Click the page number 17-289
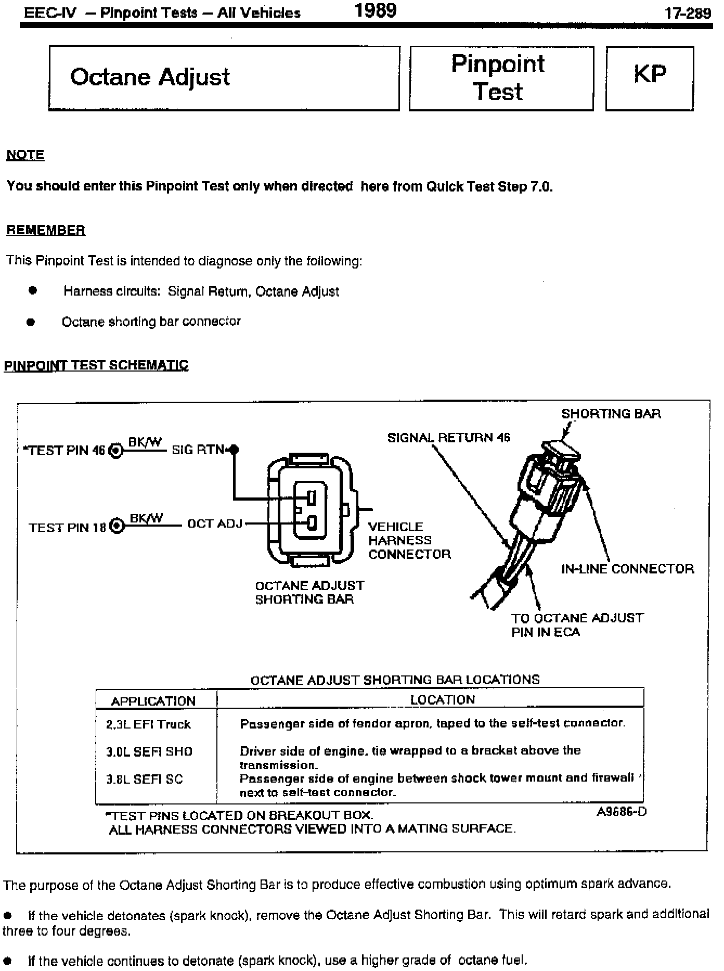coord(688,13)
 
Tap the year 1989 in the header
coord(375,10)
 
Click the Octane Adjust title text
coord(150,77)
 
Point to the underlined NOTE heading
coord(25,155)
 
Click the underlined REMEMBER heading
coord(46,230)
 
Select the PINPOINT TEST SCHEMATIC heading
coord(96,365)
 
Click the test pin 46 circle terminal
coord(117,451)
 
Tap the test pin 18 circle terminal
coord(118,527)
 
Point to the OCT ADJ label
coord(215,523)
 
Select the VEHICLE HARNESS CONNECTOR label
coord(409,540)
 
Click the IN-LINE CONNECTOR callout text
coord(627,569)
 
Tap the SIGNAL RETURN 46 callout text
coord(449,438)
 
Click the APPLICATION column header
coord(153,701)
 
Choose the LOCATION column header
coord(442,700)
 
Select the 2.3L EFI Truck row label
coord(149,724)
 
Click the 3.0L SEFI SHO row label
coord(149,751)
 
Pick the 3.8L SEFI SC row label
coord(145,779)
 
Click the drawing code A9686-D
coord(621,812)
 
